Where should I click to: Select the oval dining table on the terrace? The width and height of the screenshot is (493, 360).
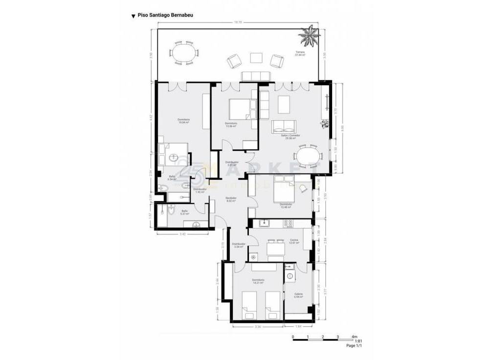(x=185, y=53)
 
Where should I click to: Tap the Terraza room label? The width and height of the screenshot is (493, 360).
(x=300, y=53)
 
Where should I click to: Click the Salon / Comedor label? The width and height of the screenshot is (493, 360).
(x=290, y=136)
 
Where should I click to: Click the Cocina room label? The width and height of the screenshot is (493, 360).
(x=293, y=241)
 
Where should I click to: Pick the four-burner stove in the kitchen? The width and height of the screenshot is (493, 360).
(x=289, y=224)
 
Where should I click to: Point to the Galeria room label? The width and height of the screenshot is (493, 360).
(x=298, y=295)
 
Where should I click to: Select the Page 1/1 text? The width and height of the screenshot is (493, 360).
(x=354, y=346)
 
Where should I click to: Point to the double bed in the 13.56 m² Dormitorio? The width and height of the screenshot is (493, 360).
(x=242, y=109)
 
